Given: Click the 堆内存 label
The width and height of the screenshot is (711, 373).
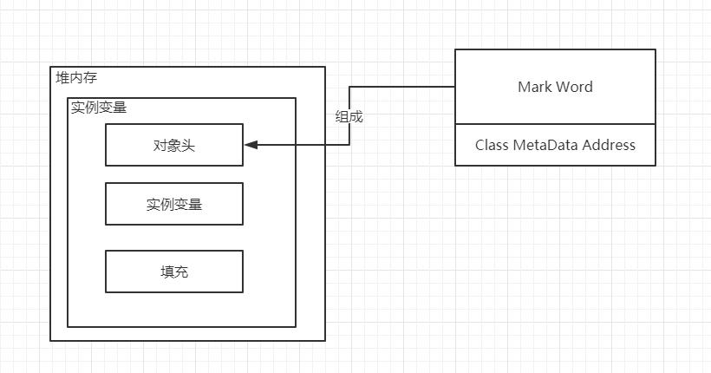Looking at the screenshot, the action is click(x=76, y=77).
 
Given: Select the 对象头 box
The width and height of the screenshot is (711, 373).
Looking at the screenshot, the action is click(x=174, y=145).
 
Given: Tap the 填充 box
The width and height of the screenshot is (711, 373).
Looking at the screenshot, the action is click(x=174, y=272).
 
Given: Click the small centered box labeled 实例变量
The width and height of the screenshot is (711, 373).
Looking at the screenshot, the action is click(x=174, y=204).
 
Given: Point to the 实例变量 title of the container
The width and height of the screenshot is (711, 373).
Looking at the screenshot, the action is click(x=99, y=108).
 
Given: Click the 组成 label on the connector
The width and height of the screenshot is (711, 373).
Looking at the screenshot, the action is click(x=349, y=116).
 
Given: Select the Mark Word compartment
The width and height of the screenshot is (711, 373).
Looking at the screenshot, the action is click(x=556, y=86).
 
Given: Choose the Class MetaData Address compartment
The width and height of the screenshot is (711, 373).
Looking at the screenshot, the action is click(x=556, y=145).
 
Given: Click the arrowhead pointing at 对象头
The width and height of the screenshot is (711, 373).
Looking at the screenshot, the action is click(x=251, y=145).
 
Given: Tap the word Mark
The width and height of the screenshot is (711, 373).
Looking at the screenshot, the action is click(x=535, y=87).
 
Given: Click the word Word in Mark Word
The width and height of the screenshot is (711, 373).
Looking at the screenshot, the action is click(x=575, y=87).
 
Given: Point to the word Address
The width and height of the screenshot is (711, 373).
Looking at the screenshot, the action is click(x=609, y=145).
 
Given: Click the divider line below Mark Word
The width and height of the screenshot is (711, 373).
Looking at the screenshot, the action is click(x=556, y=124).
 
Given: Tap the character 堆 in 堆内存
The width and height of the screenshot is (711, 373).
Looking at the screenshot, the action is click(x=62, y=77).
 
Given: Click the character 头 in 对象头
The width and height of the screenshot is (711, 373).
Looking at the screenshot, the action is click(x=188, y=145).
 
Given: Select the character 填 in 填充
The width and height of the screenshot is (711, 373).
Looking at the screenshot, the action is click(x=167, y=272).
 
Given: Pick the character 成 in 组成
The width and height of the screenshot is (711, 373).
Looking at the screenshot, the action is click(x=356, y=116).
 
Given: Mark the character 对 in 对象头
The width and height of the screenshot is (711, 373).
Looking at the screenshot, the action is click(x=160, y=145).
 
